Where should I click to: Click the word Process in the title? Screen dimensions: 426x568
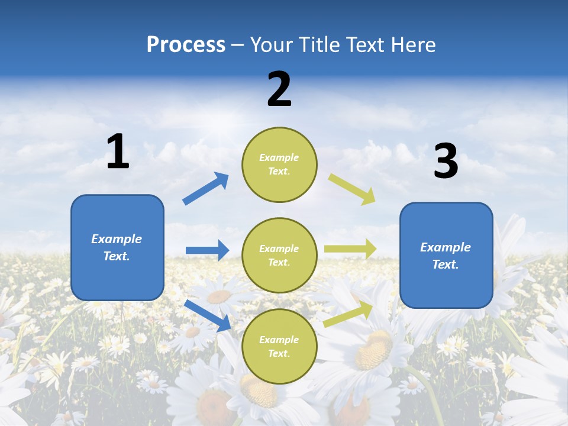(186, 45)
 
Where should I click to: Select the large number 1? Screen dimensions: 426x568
(118, 152)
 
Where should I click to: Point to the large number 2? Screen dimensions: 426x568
(279, 89)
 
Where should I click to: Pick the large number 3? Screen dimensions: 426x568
(446, 162)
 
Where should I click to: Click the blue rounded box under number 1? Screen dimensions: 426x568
(117, 247)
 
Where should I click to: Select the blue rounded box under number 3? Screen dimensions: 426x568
(446, 255)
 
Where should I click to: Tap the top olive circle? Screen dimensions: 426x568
(279, 164)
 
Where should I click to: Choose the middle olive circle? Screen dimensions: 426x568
(279, 255)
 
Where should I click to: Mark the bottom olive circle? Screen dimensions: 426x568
(279, 346)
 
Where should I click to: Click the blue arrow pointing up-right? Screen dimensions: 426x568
(206, 189)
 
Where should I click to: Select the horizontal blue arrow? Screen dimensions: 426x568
(207, 250)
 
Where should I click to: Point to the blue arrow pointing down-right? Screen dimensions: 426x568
(208, 315)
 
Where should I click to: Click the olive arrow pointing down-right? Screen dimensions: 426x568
(352, 189)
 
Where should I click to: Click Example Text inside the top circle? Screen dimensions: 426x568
(279, 164)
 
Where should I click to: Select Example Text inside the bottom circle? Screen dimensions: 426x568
(279, 347)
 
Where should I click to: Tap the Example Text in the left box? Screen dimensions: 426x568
(117, 247)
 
